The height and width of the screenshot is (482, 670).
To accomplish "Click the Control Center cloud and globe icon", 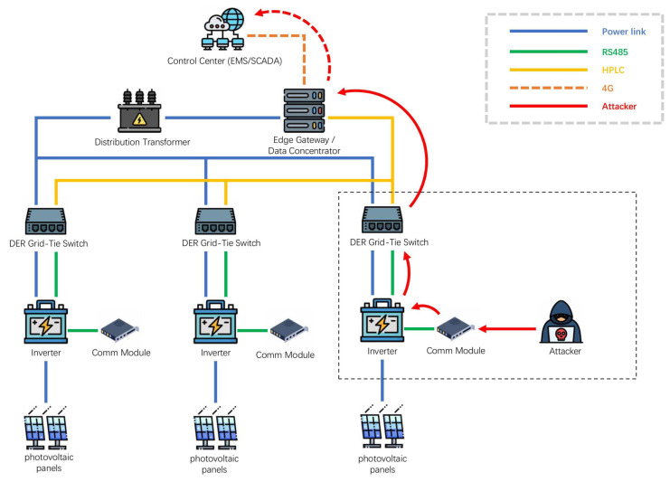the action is click(x=223, y=28).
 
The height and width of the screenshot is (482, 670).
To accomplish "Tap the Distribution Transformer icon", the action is click(x=139, y=111).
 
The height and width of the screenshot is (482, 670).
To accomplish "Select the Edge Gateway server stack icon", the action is click(x=304, y=110).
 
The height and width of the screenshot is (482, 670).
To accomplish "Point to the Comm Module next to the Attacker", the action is click(x=455, y=328).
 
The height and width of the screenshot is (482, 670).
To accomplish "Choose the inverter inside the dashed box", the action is click(x=382, y=320).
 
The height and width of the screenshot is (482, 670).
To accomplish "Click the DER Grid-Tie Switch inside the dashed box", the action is click(x=382, y=221).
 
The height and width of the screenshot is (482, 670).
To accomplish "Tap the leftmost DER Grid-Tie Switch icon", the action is click(x=46, y=222).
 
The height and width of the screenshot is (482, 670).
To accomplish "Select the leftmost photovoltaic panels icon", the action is click(x=46, y=428).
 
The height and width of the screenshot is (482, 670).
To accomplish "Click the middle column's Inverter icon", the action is click(x=215, y=322).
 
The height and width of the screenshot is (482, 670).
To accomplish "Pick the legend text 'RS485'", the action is click(x=615, y=52).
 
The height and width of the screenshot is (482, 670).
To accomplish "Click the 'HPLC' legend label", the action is click(x=613, y=70).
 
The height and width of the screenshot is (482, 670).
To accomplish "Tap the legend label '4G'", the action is click(x=608, y=89).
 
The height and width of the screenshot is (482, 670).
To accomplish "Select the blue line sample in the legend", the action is click(x=549, y=31).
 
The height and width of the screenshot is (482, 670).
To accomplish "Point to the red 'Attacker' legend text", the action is click(x=619, y=107).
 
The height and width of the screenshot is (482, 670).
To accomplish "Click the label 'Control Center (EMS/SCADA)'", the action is click(x=225, y=61).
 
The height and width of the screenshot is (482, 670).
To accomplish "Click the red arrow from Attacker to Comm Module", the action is click(x=507, y=328).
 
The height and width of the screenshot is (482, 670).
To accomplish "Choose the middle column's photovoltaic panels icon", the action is click(x=215, y=428).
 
